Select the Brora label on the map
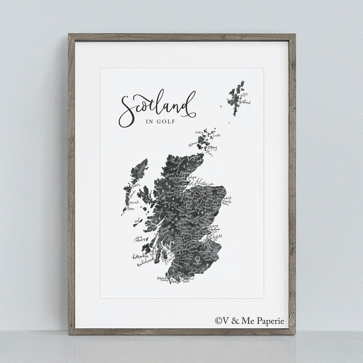(x=183, y=172)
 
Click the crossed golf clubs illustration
(x=181, y=165)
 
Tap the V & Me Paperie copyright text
(x=250, y=321)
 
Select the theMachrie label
(x=140, y=257)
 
